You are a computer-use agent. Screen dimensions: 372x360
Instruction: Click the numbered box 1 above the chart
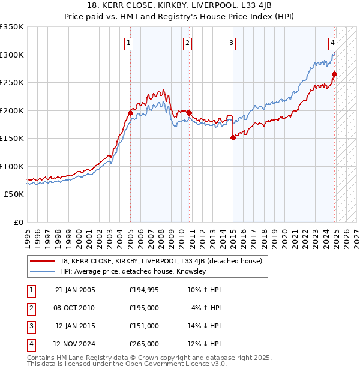[129, 43]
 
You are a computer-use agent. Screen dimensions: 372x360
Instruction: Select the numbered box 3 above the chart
[231, 43]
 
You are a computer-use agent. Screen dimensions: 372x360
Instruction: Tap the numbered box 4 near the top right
[332, 43]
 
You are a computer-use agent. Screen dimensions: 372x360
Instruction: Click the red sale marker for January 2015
[233, 138]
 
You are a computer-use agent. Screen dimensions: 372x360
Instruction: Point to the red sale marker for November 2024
[334, 74]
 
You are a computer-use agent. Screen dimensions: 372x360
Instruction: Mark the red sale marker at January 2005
[130, 113]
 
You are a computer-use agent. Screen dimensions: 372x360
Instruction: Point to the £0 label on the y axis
[19, 222]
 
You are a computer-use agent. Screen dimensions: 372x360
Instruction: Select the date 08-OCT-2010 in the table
[75, 308]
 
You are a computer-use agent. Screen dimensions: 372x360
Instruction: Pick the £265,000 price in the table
[144, 344]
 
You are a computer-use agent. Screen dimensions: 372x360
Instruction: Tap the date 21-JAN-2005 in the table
[75, 290]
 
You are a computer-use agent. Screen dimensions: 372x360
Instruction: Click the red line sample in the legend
[42, 262]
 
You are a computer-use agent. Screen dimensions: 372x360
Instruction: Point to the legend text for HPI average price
[133, 271]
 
